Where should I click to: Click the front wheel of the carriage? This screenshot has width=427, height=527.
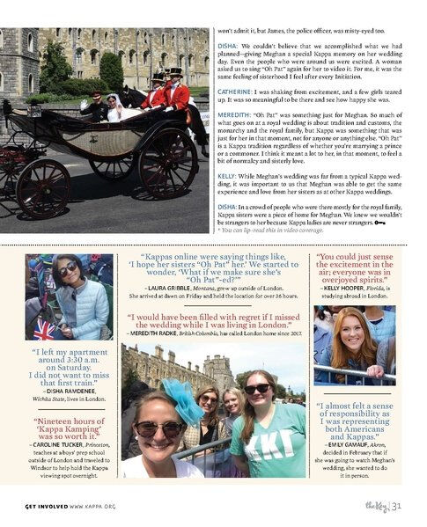tap(42, 187)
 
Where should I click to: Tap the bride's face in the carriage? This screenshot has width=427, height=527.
tap(114, 101)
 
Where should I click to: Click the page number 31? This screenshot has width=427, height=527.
tap(397, 505)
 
